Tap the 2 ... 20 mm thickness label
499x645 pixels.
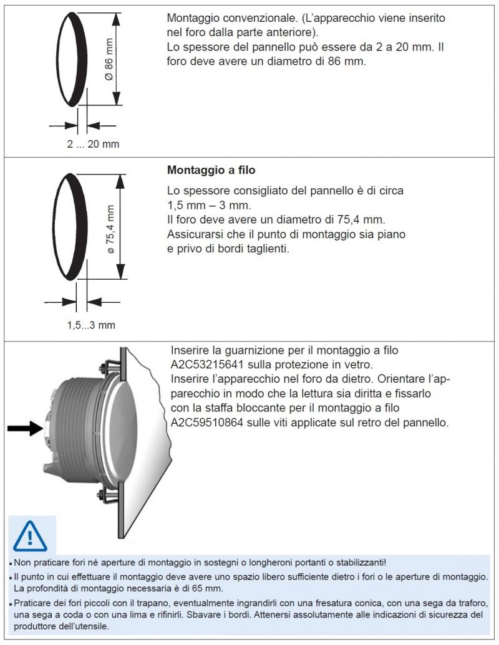click(x=93, y=145)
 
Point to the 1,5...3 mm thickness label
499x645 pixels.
click(x=91, y=325)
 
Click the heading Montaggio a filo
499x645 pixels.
click(x=211, y=170)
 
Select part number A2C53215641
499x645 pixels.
click(x=210, y=365)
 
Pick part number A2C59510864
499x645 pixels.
click(x=210, y=423)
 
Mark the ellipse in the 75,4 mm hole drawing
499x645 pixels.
click(x=71, y=226)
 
